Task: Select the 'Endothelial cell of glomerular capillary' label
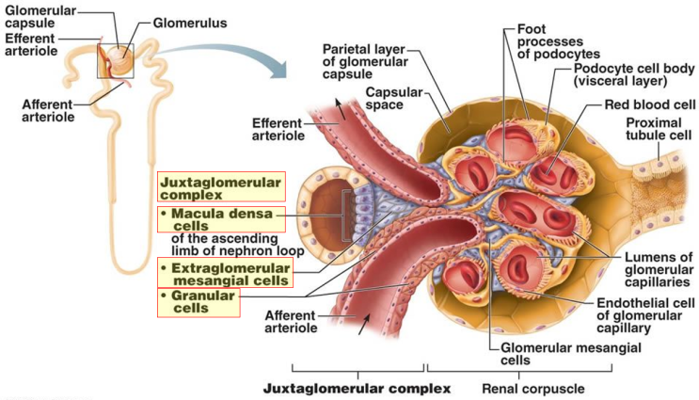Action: [646, 315]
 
